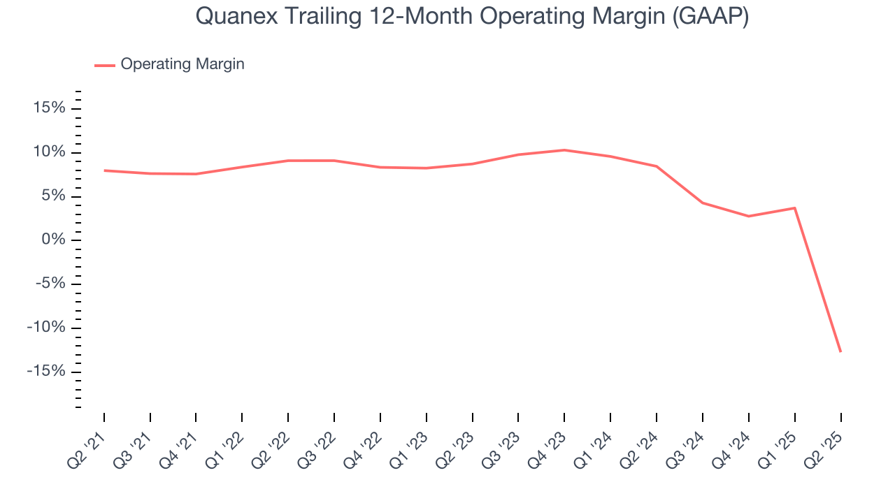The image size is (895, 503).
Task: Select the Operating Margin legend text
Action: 182,64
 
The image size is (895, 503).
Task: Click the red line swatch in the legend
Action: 105,65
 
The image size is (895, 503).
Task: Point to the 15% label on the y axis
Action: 48,108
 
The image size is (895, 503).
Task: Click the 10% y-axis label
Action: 48,152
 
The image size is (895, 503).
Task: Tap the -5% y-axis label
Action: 50,284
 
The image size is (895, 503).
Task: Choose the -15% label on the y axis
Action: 46,371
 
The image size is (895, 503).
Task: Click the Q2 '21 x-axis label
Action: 86,446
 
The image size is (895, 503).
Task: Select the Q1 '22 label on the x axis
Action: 224,446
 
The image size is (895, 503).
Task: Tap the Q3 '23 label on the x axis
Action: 500,446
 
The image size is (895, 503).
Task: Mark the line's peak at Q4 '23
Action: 564,150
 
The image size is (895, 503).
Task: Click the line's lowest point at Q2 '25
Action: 840,351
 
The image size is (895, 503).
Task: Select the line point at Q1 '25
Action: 794,208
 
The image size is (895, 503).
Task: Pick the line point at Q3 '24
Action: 702,203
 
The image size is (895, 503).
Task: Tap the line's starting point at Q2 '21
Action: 104,170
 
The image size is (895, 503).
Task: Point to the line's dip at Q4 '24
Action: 748,216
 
